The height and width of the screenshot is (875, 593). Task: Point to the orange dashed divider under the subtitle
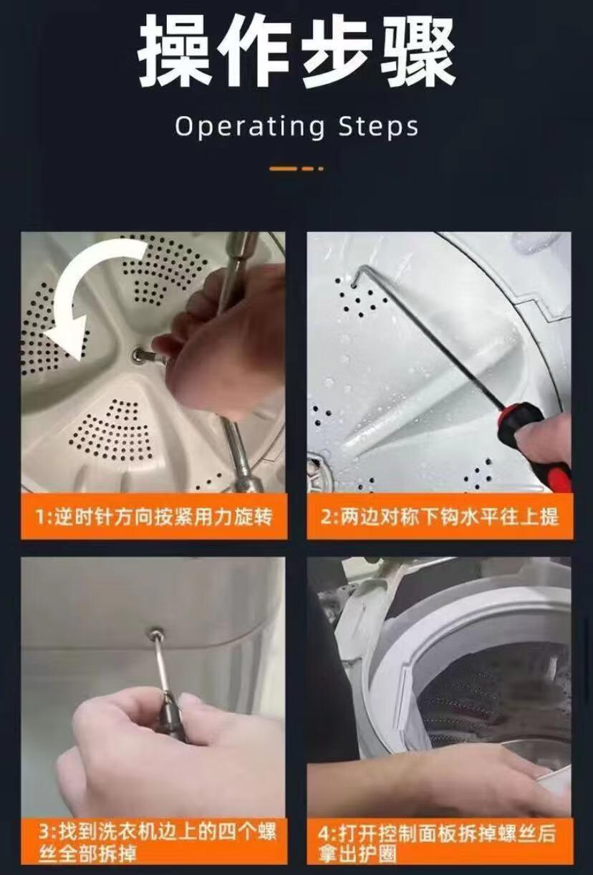point(296,168)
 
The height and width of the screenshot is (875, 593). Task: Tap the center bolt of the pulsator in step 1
point(139,355)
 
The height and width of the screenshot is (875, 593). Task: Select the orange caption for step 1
point(154,517)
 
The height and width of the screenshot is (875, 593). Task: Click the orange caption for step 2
point(440,517)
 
